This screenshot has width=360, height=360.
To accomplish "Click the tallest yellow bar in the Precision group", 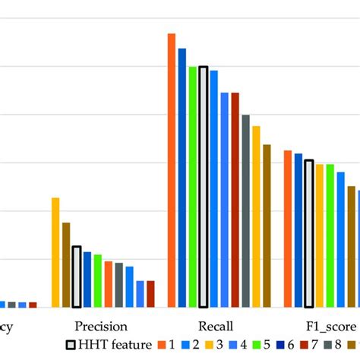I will pyautogui.click(x=55, y=252).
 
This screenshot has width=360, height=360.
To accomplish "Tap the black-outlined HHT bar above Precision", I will pyautogui.click(x=77, y=276).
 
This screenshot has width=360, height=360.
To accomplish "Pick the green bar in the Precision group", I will pyautogui.click(x=98, y=281).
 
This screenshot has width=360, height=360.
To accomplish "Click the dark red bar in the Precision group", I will pyautogui.click(x=150, y=294).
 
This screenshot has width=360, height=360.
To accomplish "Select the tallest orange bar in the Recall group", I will pyautogui.click(x=172, y=170).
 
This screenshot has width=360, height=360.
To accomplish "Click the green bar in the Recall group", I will pyautogui.click(x=193, y=187).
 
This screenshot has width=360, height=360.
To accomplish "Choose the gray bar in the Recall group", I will pyautogui.click(x=245, y=210).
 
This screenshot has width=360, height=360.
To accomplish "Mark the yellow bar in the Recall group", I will pyautogui.click(x=256, y=216).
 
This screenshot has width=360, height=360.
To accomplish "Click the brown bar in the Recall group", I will pyautogui.click(x=267, y=226).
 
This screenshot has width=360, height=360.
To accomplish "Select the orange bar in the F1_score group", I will pyautogui.click(x=288, y=229).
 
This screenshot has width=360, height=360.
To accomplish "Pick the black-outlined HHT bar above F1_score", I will pyautogui.click(x=309, y=234).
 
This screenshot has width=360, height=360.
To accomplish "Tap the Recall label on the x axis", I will pyautogui.click(x=216, y=326).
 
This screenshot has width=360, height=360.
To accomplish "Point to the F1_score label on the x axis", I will pyautogui.click(x=330, y=326).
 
